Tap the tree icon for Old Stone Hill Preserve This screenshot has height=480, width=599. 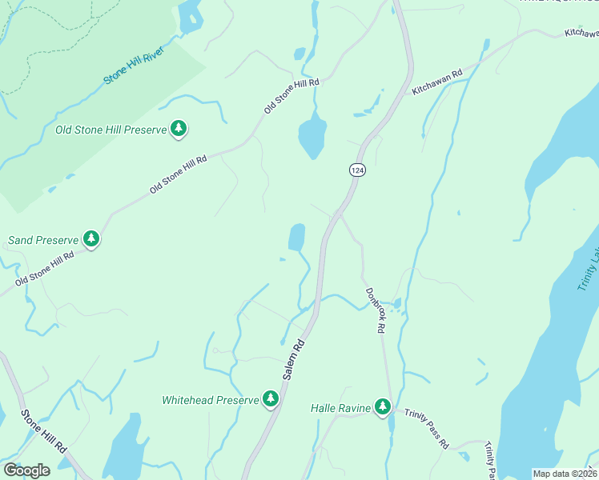tap(179, 129)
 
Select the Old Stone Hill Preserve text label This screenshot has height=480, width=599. tap(110, 129)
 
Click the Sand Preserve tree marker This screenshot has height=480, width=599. tap(92, 238)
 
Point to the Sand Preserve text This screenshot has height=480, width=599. tap(44, 239)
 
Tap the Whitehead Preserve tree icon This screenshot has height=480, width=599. tap(271, 398)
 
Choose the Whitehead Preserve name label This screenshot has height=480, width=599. tap(211, 399)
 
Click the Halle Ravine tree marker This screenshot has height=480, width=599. tap(383, 407)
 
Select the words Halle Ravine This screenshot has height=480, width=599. tap(340, 408)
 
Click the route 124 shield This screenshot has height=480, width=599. tap(356, 170)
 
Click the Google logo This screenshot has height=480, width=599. tap(26, 470)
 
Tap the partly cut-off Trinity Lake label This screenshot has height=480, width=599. tap(589, 268)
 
